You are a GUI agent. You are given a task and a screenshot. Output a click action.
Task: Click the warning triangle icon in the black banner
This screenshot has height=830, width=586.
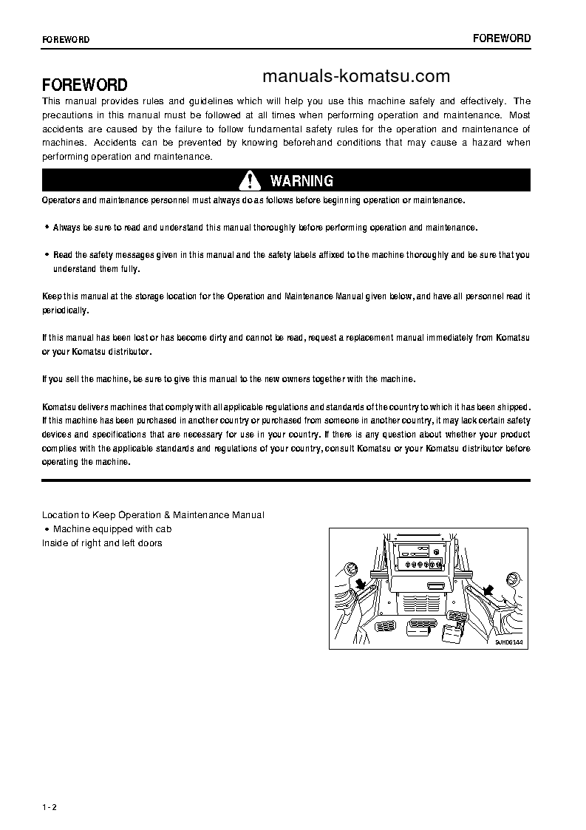pyautogui.click(x=250, y=180)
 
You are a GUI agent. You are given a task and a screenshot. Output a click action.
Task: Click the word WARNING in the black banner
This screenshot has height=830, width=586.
pyautogui.click(x=301, y=181)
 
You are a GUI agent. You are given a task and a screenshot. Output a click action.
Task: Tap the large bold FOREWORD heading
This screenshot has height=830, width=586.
pyautogui.click(x=84, y=85)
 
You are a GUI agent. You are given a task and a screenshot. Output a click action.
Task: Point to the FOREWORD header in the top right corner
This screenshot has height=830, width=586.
pyautogui.click(x=502, y=38)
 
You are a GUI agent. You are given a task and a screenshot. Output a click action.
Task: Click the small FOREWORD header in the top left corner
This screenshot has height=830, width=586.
pyautogui.click(x=66, y=39)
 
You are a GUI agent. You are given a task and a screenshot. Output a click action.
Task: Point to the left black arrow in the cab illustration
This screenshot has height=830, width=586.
pyautogui.click(x=361, y=585)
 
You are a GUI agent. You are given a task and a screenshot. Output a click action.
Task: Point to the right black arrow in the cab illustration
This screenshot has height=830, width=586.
pyautogui.click(x=487, y=589)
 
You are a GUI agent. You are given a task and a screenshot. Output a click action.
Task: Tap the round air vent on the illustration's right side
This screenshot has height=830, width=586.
pyautogui.click(x=511, y=579)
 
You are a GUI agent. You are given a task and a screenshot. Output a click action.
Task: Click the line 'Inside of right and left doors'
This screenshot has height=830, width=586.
pyautogui.click(x=102, y=543)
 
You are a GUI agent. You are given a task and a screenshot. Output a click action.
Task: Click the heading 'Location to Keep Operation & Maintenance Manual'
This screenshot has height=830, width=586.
pyautogui.click(x=153, y=514)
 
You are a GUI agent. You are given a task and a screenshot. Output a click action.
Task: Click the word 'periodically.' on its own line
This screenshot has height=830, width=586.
pyautogui.click(x=66, y=310)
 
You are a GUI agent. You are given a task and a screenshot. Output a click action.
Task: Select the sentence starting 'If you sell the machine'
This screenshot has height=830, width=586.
pyautogui.click(x=229, y=379)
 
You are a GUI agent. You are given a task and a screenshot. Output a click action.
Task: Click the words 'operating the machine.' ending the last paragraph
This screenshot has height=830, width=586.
pyautogui.click(x=86, y=462)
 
